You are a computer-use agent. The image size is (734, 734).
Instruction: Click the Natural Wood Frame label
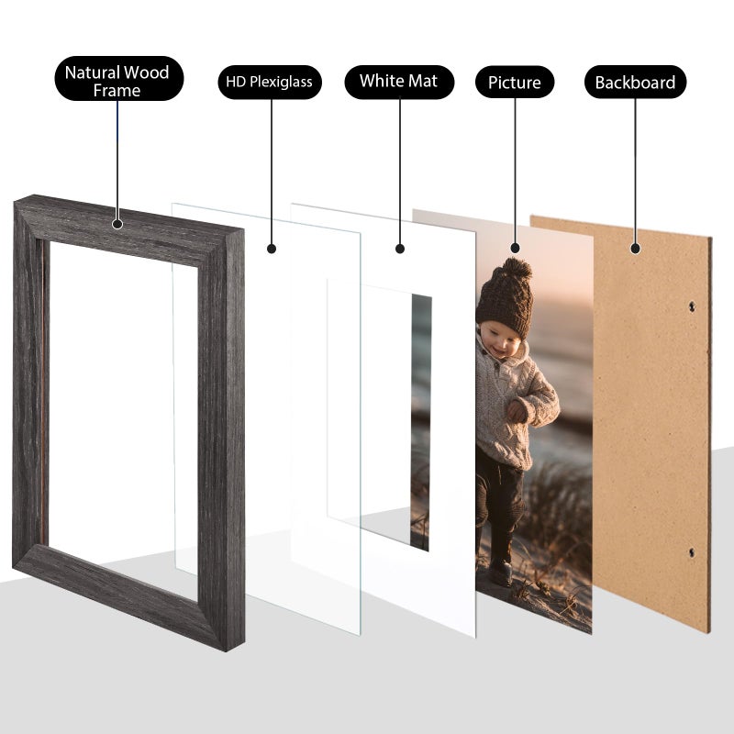pos(117,81)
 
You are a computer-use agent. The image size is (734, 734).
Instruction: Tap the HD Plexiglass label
pos(270,82)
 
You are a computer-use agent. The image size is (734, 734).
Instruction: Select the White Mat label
pos(398,81)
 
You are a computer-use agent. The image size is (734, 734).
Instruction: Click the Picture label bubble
pos(514,83)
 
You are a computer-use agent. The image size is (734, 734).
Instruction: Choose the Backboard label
pos(635,83)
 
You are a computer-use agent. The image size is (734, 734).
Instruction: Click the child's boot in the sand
pos(501,570)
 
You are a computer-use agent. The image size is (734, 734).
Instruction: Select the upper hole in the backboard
pos(693,309)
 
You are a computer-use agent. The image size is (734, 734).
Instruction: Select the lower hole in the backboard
pos(692,552)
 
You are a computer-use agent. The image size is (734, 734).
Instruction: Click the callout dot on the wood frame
pos(117,223)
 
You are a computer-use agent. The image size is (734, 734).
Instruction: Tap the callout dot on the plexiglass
pos(272,248)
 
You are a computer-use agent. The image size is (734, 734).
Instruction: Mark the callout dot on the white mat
pos(399,248)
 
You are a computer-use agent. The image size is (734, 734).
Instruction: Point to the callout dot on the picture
pos(515,248)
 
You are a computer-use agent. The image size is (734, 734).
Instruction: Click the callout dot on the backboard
pos(635,246)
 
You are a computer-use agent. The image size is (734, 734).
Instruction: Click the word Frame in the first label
pos(117,91)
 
